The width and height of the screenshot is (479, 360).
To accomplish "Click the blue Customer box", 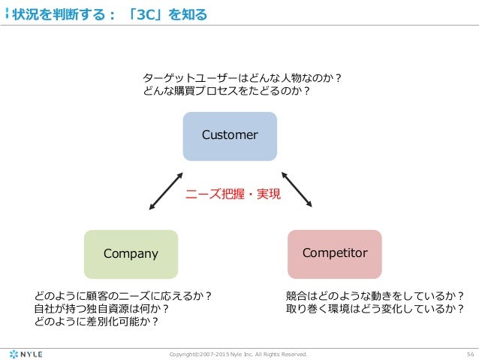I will point(230,135).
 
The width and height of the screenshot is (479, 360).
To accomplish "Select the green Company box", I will point(131,253).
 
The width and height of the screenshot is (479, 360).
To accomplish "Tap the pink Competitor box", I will point(335,253).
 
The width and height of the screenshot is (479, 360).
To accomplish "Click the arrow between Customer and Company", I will point(166,191).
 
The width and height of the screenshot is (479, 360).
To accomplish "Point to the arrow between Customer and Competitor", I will point(297,189).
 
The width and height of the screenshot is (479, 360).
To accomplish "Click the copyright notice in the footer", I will point(239,352).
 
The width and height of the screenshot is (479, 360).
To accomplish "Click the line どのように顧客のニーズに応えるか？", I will point(122,296).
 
